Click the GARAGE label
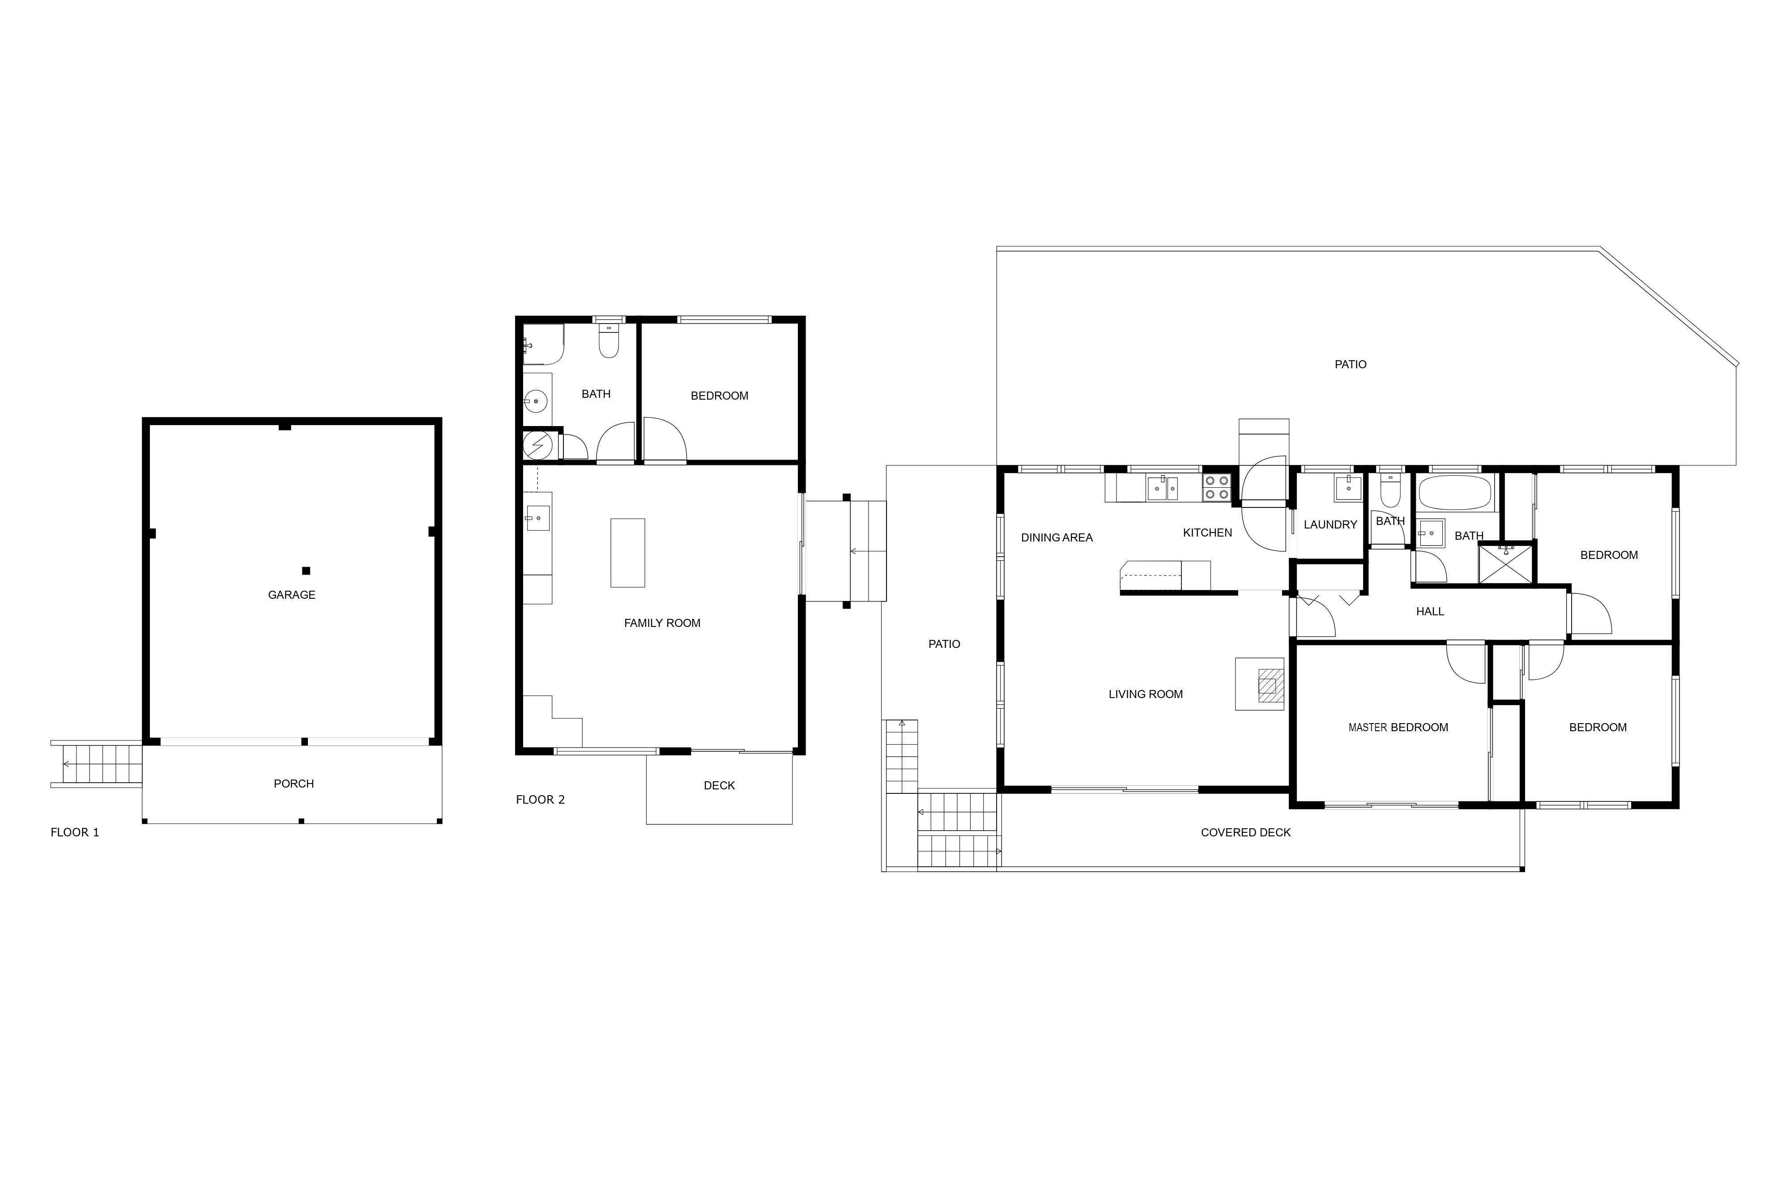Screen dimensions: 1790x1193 291,595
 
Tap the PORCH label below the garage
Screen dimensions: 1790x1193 294,784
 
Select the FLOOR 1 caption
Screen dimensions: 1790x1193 75,832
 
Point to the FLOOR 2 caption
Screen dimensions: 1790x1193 540,800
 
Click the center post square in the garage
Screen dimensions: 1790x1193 306,571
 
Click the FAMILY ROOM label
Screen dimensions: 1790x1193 662,623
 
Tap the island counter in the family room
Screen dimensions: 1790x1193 627,553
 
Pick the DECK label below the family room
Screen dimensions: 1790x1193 719,786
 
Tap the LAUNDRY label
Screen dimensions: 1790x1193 1330,525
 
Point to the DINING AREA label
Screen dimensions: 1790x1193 1057,538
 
